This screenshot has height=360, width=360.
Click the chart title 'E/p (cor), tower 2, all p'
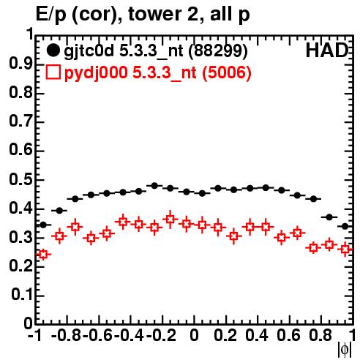pyautogui.click(x=143, y=15)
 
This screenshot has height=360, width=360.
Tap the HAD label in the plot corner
pyautogui.click(x=327, y=50)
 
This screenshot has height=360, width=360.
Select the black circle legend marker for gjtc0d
pyautogui.click(x=53, y=50)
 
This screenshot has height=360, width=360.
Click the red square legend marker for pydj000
pyautogui.click(x=53, y=72)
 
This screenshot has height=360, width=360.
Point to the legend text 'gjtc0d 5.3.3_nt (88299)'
pyautogui.click(x=156, y=51)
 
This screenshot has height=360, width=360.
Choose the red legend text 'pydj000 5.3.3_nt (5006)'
pyautogui.click(x=157, y=72)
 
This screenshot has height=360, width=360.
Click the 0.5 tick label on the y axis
pyautogui.click(x=21, y=180)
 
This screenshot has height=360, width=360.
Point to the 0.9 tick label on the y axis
pyautogui.click(x=21, y=64)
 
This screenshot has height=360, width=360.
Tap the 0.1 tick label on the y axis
pyautogui.click(x=22, y=295)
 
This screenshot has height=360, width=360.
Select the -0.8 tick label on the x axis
pyautogui.click(x=67, y=335)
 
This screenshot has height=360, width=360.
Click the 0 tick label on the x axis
pyautogui.click(x=194, y=335)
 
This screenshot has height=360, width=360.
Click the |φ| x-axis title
pyautogui.click(x=345, y=350)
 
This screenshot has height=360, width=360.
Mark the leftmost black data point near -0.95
pyautogui.click(x=43, y=225)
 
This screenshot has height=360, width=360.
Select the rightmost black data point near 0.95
pyautogui.click(x=345, y=226)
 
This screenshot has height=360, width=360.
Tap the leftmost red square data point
pyautogui.click(x=43, y=255)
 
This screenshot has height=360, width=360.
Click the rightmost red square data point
pyautogui.click(x=345, y=250)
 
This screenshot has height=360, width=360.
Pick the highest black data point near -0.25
pyautogui.click(x=154, y=186)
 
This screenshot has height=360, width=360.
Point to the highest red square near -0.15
pyautogui.click(x=170, y=219)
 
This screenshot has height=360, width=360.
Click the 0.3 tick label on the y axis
pyautogui.click(x=21, y=237)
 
